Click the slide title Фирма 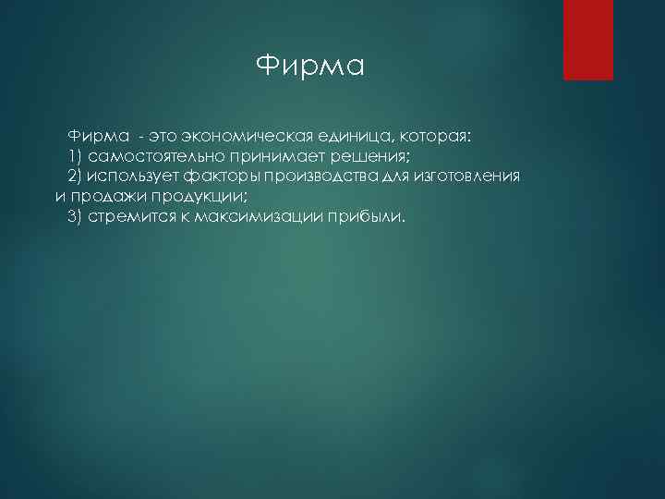point(310,66)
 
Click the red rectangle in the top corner point(588,40)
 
